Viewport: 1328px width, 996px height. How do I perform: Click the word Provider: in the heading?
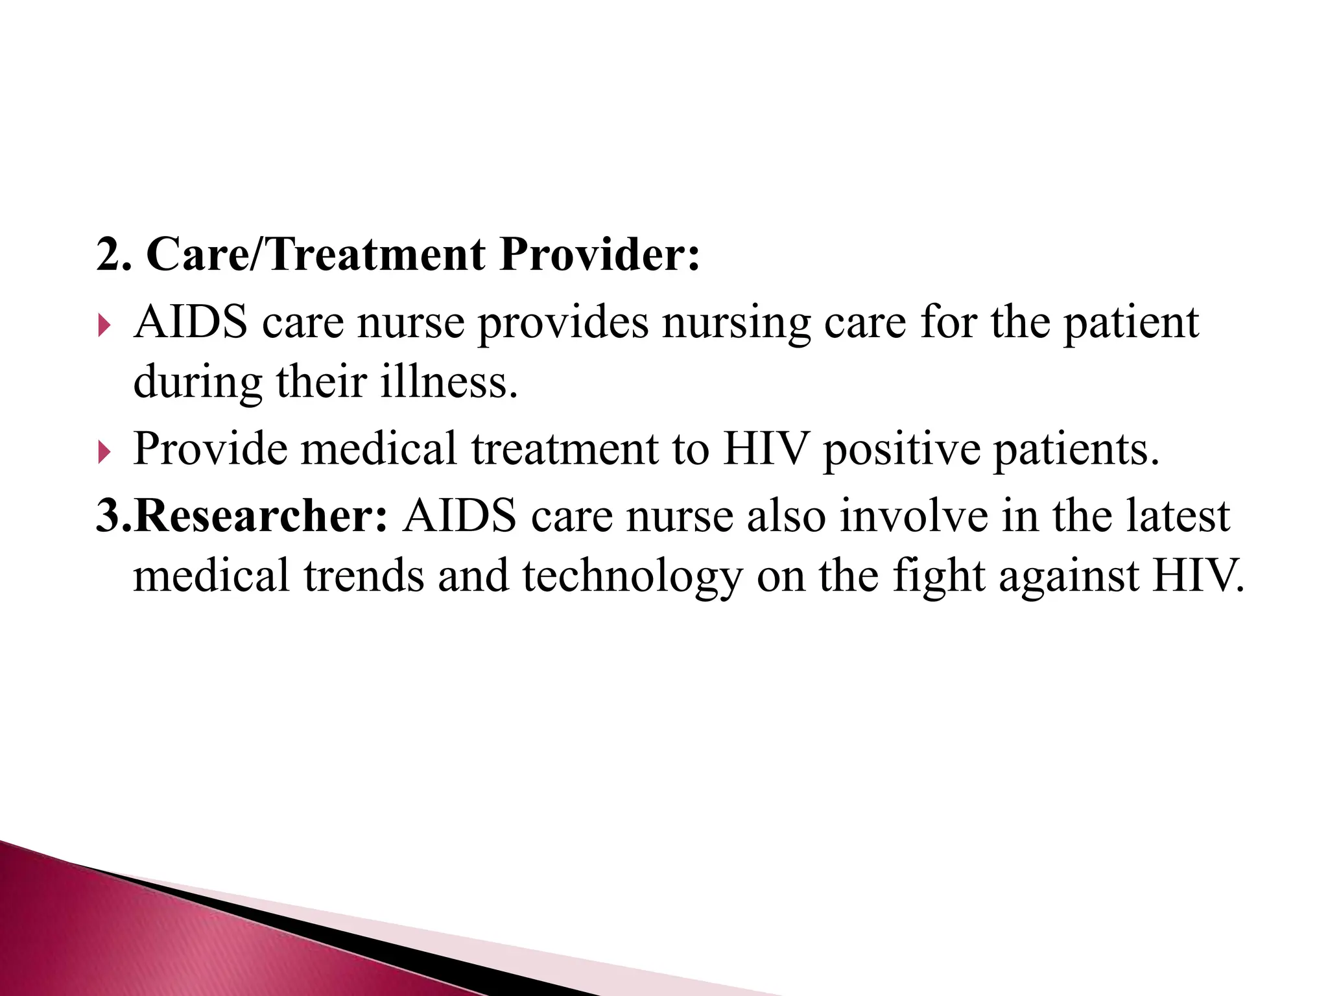pos(600,254)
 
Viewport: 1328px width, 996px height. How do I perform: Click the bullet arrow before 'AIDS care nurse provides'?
pos(104,326)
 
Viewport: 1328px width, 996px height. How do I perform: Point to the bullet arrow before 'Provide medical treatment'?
pos(104,452)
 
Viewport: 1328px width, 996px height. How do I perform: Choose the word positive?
pos(901,449)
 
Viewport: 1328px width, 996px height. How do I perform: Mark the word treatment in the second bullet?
pos(564,449)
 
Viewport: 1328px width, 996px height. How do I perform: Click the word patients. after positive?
pos(1076,449)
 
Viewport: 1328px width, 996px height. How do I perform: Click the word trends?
pos(363,576)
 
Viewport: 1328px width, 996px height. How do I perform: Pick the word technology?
pos(632,576)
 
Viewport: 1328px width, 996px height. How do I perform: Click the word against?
pos(1068,576)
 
